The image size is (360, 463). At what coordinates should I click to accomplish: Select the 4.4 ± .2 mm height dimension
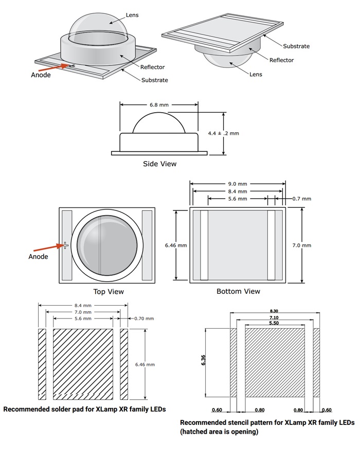pyautogui.click(x=224, y=133)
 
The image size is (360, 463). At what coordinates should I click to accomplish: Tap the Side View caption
pyautogui.click(x=159, y=164)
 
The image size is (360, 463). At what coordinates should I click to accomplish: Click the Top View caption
pyautogui.click(x=108, y=292)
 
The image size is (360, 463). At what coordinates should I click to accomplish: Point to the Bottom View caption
pyautogui.click(x=238, y=291)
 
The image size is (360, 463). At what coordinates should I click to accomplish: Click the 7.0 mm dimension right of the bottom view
pyautogui.click(x=302, y=245)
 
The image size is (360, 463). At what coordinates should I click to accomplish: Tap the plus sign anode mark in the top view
pyautogui.click(x=65, y=245)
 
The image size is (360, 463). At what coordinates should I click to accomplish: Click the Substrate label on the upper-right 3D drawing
pyautogui.click(x=296, y=46)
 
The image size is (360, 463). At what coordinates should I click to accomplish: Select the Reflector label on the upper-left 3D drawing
pyautogui.click(x=153, y=67)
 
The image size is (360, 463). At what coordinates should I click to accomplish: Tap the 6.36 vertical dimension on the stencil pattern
pyautogui.click(x=204, y=361)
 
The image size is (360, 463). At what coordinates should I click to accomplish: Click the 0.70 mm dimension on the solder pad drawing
pyautogui.click(x=144, y=318)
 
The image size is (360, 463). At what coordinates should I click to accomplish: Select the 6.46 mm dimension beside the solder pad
pyautogui.click(x=144, y=364)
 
